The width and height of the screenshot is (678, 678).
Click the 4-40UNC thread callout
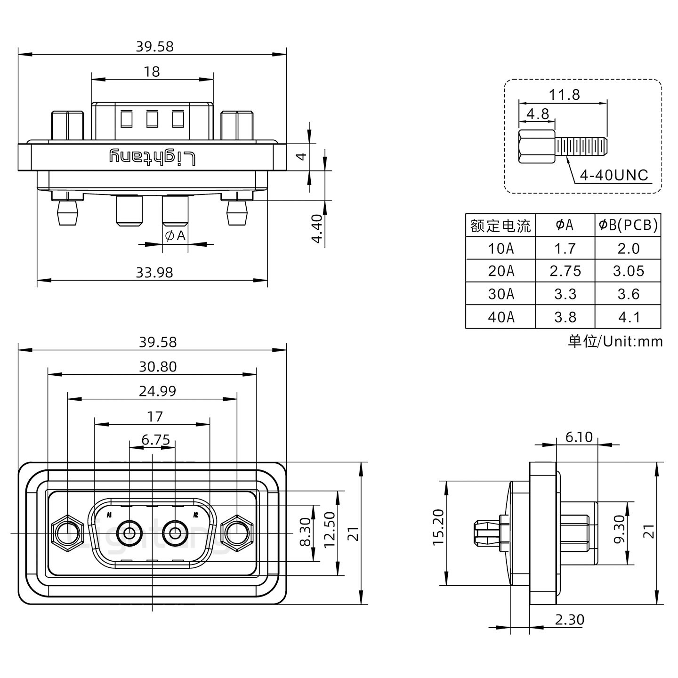point(614,176)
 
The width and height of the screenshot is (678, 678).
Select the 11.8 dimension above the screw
point(564,95)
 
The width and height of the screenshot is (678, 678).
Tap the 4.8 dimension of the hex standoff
point(537,114)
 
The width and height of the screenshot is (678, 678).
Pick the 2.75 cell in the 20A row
point(565,271)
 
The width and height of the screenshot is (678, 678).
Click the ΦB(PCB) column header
point(628,225)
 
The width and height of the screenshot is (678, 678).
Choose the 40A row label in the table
point(500,317)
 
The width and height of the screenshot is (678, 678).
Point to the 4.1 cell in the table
point(628,317)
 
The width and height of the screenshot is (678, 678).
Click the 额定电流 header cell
point(500,226)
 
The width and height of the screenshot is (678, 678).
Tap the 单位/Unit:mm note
point(615,341)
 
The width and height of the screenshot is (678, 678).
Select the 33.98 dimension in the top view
point(154,273)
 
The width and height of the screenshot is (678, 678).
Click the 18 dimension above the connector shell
point(152,72)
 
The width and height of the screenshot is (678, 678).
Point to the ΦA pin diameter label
point(175,235)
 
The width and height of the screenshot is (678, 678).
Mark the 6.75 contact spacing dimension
point(155,440)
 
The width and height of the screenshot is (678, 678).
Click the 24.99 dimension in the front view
point(157,391)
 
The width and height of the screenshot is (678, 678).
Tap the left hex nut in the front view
point(65,533)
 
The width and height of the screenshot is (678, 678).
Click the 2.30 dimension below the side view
point(569,620)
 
